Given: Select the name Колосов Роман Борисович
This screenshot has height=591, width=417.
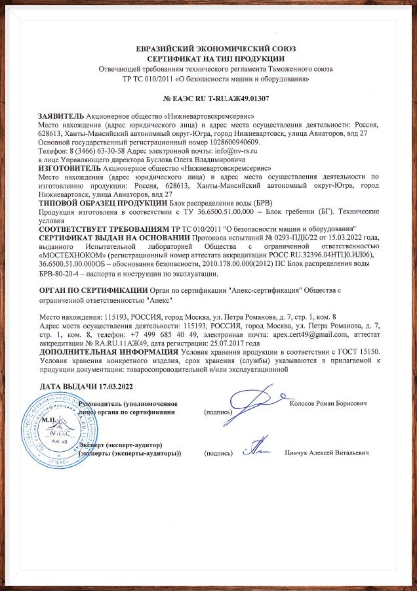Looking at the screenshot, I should click(328, 402).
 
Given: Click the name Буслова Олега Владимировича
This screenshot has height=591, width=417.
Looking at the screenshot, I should click(180, 159).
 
